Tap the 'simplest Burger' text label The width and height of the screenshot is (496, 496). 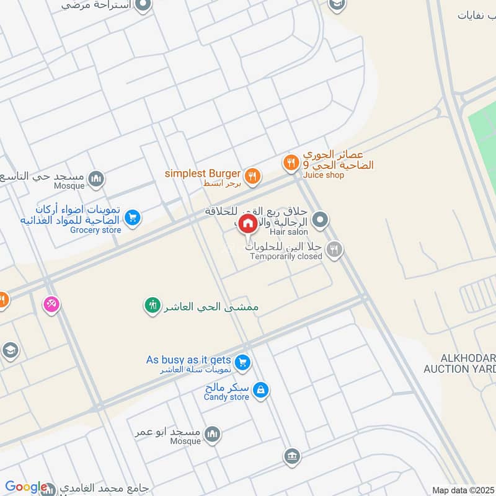[x=202, y=174]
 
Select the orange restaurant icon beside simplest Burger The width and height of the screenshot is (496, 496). [x=251, y=177]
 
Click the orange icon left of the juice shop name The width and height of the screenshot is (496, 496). [x=290, y=163]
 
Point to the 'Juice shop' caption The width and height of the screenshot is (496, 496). [x=324, y=175]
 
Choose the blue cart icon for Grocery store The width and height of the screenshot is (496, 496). [x=131, y=218]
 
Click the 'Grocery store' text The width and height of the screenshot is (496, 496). [x=95, y=230]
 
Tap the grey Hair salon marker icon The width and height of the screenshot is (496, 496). [x=320, y=219]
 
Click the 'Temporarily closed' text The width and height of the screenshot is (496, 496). [x=286, y=256]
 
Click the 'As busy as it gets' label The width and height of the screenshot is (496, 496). [x=188, y=360]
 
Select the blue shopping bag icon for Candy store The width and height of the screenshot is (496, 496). [x=261, y=390]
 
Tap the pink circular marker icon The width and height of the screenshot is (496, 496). [x=51, y=304]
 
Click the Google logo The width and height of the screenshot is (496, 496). [x=26, y=487]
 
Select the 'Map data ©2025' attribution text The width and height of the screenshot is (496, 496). [x=463, y=490]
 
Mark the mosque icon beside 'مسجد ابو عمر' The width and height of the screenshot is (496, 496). [x=212, y=433]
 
